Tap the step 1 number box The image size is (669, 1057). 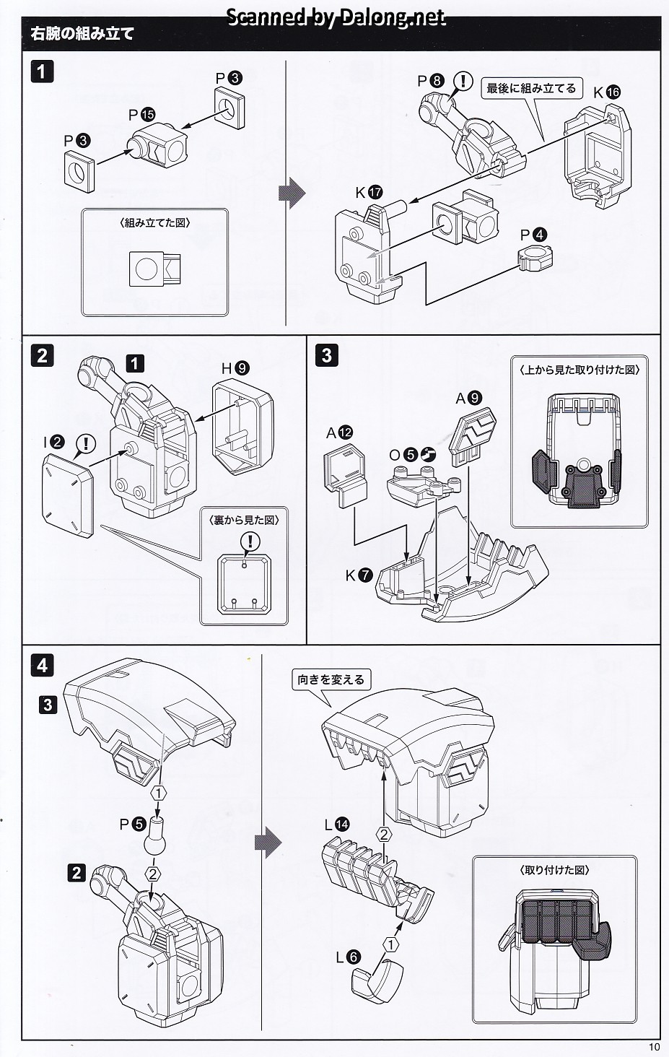click(x=42, y=71)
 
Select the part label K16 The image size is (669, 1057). click(x=607, y=92)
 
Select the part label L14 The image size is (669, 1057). click(x=336, y=824)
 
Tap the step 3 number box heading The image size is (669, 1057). click(x=327, y=355)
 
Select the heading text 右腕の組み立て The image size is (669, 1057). click(x=83, y=34)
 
